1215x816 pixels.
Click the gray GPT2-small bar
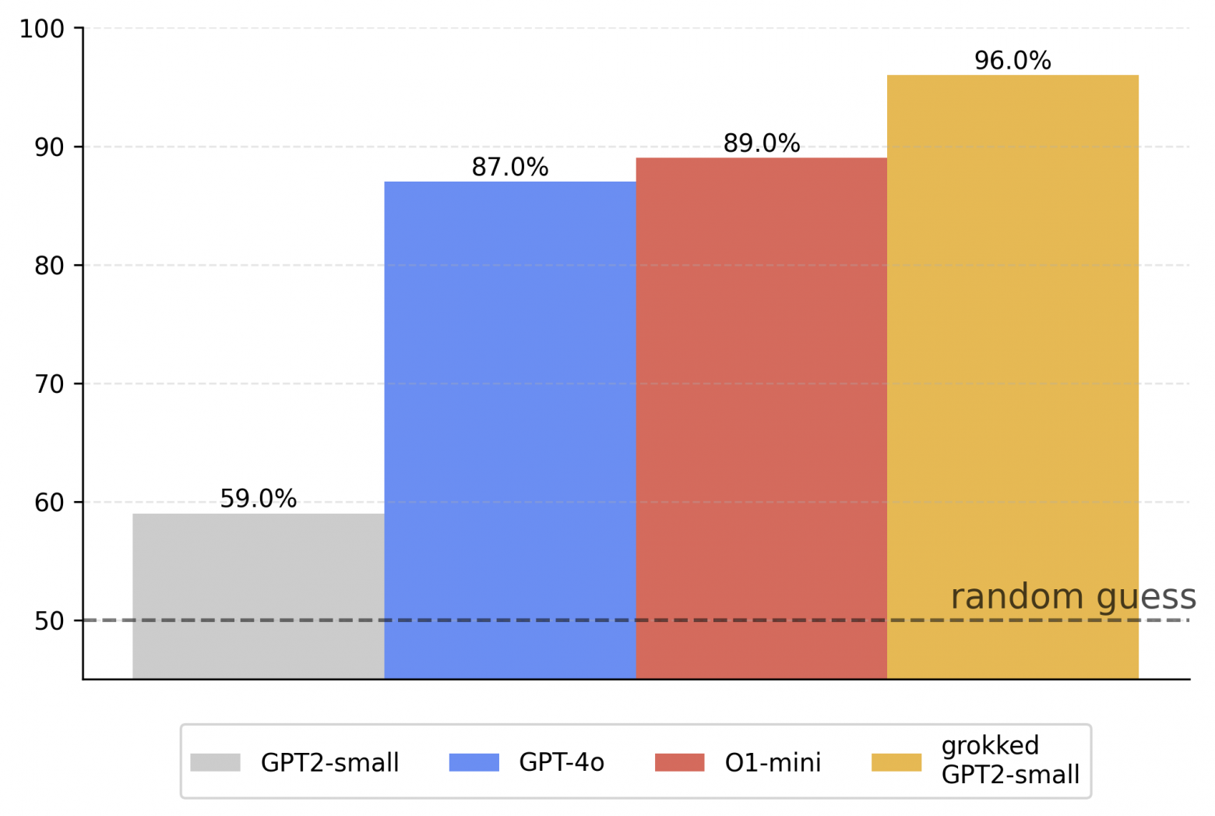(x=258, y=595)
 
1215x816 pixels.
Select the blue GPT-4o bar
(x=509, y=429)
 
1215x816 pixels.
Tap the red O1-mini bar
(x=761, y=418)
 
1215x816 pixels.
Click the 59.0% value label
(x=258, y=499)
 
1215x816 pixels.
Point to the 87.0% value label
(x=509, y=168)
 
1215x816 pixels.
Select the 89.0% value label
(x=761, y=143)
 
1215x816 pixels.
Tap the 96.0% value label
(x=1012, y=61)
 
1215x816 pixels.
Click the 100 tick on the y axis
(x=42, y=29)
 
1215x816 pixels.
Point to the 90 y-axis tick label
(x=49, y=147)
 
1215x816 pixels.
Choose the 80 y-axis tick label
(x=49, y=266)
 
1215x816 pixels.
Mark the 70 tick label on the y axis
(x=49, y=384)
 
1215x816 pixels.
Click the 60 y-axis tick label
(x=49, y=503)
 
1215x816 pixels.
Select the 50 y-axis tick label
(x=49, y=621)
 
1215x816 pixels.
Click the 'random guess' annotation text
(x=1072, y=597)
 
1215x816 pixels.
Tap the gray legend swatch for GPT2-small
(x=215, y=762)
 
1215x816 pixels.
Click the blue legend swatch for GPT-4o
(x=474, y=762)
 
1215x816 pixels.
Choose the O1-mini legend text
(x=773, y=762)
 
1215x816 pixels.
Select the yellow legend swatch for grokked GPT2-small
(x=896, y=762)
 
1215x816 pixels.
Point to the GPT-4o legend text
(x=562, y=762)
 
